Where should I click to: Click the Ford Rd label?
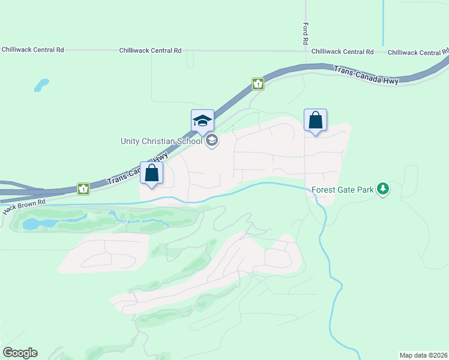pyautogui.click(x=306, y=34)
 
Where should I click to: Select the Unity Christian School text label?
pyautogui.click(x=161, y=141)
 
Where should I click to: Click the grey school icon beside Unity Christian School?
pyautogui.click(x=211, y=141)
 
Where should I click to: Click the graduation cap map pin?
pyautogui.click(x=202, y=121)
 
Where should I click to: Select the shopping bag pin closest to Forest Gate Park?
pyautogui.click(x=315, y=121)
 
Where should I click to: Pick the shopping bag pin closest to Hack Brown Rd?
pyautogui.click(x=151, y=173)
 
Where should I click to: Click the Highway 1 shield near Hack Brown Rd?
pyautogui.click(x=83, y=189)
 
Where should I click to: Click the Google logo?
pyautogui.click(x=20, y=353)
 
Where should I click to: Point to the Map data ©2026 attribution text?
pyautogui.click(x=423, y=355)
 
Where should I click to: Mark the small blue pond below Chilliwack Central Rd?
pyautogui.click(x=41, y=85)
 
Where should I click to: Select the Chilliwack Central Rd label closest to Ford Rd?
pyautogui.click(x=342, y=52)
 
